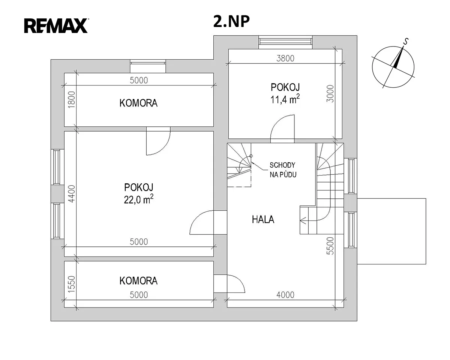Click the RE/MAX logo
(x=56, y=25)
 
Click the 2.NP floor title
(x=231, y=22)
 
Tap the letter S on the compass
(x=406, y=42)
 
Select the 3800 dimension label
(x=285, y=58)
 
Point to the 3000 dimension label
(x=330, y=93)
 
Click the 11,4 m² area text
(x=285, y=99)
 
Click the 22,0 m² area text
(x=139, y=199)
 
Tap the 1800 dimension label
(x=72, y=100)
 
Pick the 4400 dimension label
(x=72, y=194)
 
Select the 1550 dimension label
(x=72, y=284)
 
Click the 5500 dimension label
(x=330, y=246)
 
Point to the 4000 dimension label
(x=285, y=295)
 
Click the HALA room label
(x=263, y=220)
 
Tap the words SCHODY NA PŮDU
(x=283, y=170)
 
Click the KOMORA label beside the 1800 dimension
(x=138, y=103)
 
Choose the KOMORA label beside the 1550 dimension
(x=138, y=281)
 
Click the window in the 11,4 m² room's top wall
(x=285, y=42)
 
